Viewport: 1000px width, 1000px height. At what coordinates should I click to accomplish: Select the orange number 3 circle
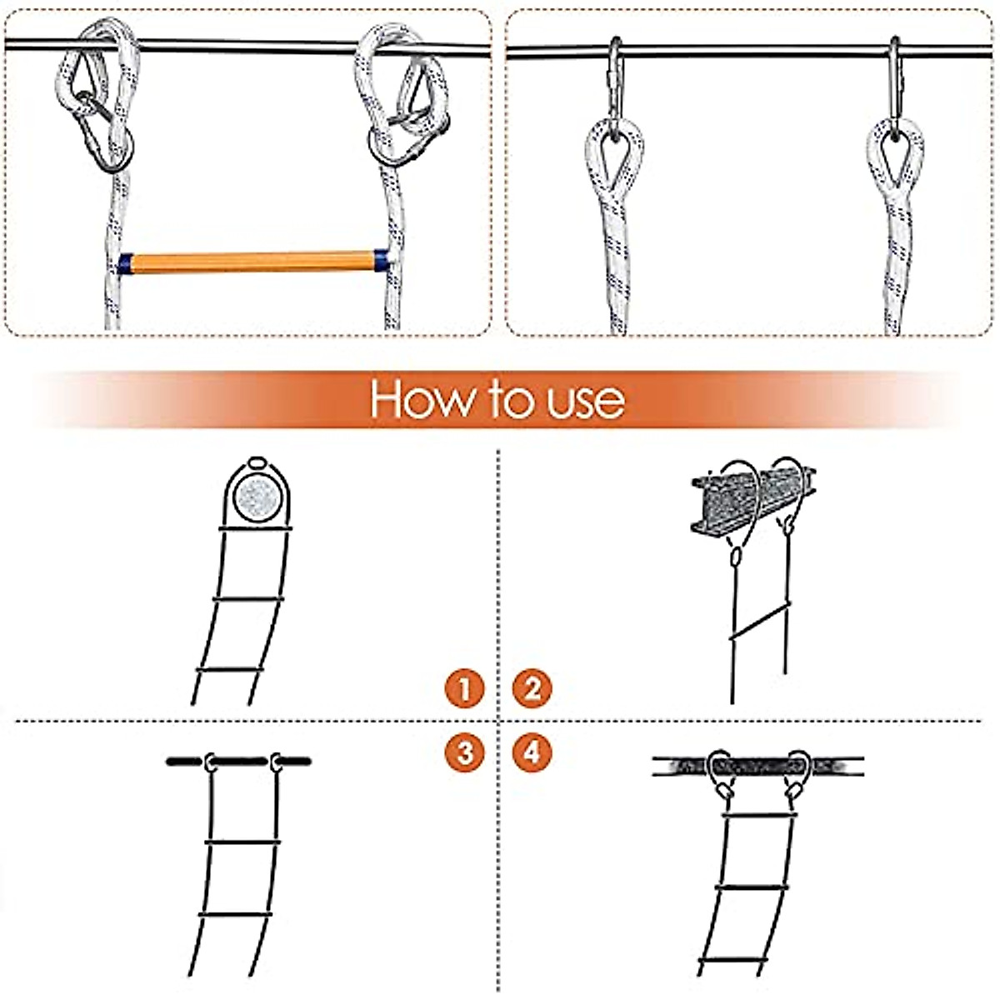[x=465, y=752]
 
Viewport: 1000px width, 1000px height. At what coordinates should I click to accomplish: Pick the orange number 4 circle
[x=532, y=752]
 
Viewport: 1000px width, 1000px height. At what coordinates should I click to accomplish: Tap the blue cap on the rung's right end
[x=381, y=260]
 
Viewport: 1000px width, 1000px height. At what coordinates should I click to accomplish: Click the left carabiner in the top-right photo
[x=614, y=83]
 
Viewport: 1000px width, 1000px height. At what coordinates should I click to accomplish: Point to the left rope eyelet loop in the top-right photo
[x=614, y=154]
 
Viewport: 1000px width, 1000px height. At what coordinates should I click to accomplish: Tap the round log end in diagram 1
[x=257, y=499]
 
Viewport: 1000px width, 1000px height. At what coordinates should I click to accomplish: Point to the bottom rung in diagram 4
[x=733, y=962]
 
